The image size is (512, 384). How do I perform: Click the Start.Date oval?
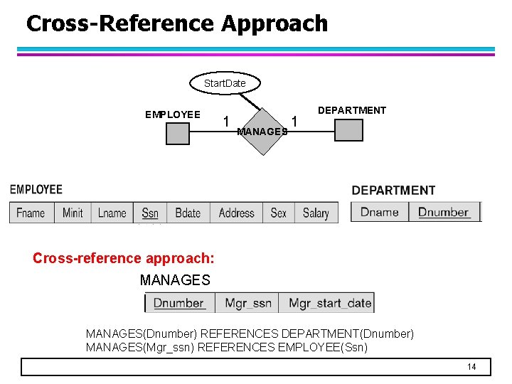click(x=225, y=83)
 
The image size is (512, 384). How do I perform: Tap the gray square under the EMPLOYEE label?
click(x=178, y=134)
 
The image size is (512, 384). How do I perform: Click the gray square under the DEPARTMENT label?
click(x=348, y=130)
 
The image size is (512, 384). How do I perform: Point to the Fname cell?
click(x=31, y=213)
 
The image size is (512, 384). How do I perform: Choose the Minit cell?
click(x=73, y=213)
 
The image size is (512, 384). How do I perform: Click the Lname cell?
click(x=112, y=213)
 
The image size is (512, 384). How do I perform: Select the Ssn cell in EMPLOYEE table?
click(x=150, y=213)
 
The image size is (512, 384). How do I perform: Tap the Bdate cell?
click(x=188, y=213)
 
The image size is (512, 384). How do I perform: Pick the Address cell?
click(x=237, y=213)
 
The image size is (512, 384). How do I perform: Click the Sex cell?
click(x=279, y=213)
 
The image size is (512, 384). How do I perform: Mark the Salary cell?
click(x=316, y=213)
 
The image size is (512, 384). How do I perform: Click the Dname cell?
click(x=380, y=212)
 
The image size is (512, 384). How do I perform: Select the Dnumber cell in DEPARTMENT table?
click(x=444, y=212)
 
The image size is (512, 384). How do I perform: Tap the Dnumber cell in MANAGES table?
click(x=179, y=303)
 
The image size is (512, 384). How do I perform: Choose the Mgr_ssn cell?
click(x=247, y=303)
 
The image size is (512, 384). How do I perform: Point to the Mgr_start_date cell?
click(x=329, y=303)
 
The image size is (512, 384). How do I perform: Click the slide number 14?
click(x=471, y=367)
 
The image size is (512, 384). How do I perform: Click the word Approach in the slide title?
click(x=274, y=23)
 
